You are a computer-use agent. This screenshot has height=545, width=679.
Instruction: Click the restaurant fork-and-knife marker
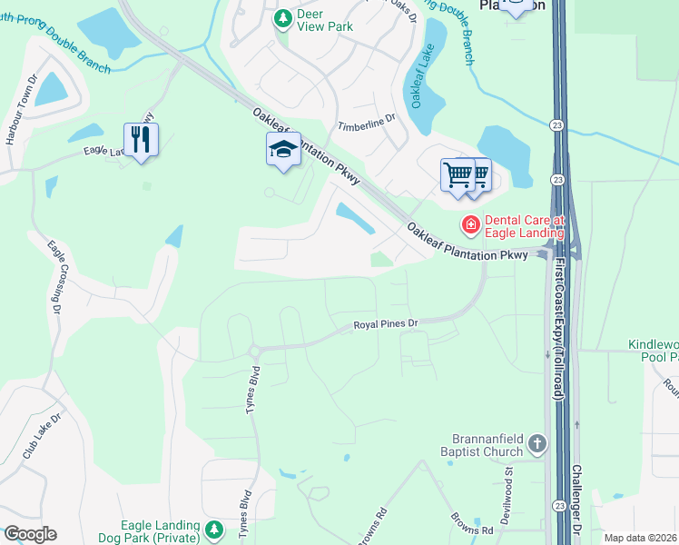tap(140, 140)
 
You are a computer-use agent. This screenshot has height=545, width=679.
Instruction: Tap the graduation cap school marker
tap(283, 149)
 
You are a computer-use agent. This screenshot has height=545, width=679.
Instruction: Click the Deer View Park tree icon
tap(283, 17)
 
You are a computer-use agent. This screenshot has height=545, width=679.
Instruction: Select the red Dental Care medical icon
tap(470, 223)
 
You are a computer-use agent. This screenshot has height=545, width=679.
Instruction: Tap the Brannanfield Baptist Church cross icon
tap(537, 444)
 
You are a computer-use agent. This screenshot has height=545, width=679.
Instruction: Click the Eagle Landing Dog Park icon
tap(214, 529)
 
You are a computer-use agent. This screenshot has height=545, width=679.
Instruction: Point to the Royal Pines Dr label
tap(385, 323)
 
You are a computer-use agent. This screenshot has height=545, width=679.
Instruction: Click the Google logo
tap(29, 534)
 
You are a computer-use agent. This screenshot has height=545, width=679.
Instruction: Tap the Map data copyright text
tap(639, 538)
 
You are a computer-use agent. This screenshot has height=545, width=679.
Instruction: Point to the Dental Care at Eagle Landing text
tap(525, 225)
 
